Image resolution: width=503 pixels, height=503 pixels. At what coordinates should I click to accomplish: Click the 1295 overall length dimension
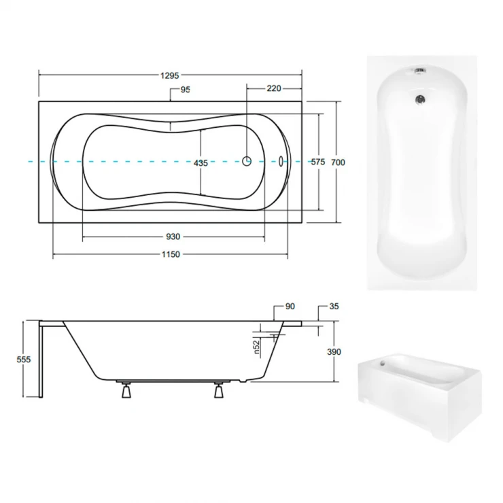tap(170, 75)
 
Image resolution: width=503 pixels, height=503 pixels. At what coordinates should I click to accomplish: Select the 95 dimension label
tap(186, 90)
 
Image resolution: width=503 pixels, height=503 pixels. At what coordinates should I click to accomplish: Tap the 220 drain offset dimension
tap(274, 88)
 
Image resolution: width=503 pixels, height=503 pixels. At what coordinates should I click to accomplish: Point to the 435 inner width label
tap(201, 163)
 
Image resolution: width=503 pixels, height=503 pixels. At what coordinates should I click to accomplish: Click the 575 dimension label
tap(318, 162)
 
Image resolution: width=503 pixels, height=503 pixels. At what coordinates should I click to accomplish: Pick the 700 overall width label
tap(338, 162)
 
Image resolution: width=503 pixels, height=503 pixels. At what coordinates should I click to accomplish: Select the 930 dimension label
tap(173, 237)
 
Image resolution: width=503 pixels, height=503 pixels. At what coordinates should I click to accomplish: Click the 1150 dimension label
tap(171, 254)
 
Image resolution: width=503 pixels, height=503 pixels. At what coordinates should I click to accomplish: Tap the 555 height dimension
tap(24, 360)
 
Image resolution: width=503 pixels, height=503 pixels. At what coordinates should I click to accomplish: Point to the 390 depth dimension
tap(334, 352)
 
